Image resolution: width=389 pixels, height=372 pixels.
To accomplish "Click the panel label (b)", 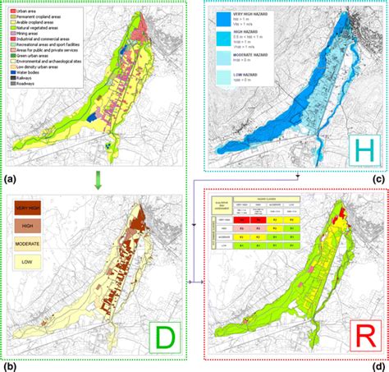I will tap(11, 365).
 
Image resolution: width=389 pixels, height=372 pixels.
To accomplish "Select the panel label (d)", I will tap(378, 365).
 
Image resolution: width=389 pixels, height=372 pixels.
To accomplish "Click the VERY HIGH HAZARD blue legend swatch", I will tap(224, 22).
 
